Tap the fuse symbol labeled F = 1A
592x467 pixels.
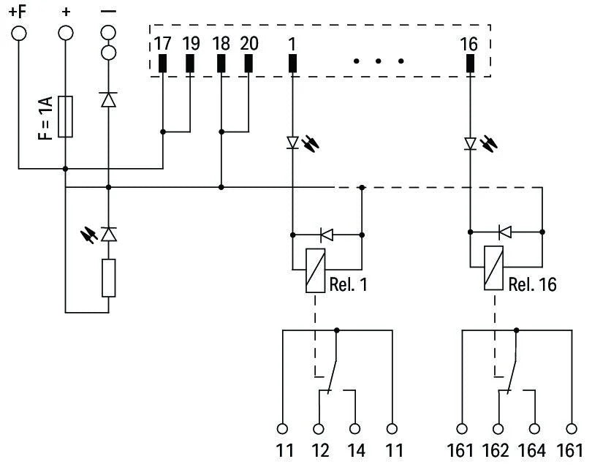[x=66, y=115]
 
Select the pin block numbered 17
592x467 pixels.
[x=162, y=64]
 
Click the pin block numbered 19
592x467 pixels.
[x=190, y=64]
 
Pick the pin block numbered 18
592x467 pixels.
[x=221, y=64]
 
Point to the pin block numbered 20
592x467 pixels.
[x=248, y=64]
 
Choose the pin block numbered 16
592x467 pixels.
[x=469, y=64]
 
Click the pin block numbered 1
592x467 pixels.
[x=292, y=64]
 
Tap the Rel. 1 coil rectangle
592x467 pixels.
[x=314, y=270]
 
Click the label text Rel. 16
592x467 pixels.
[x=532, y=284]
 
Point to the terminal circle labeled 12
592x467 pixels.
[x=319, y=429]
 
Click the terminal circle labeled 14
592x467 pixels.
[x=355, y=429]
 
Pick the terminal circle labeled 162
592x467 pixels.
[x=498, y=429]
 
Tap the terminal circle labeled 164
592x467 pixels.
[x=535, y=429]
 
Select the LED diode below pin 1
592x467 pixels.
[x=292, y=143]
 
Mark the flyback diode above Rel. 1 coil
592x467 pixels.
[x=327, y=235]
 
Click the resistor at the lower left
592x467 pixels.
[x=109, y=278]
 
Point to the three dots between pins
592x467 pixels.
[x=379, y=61]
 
